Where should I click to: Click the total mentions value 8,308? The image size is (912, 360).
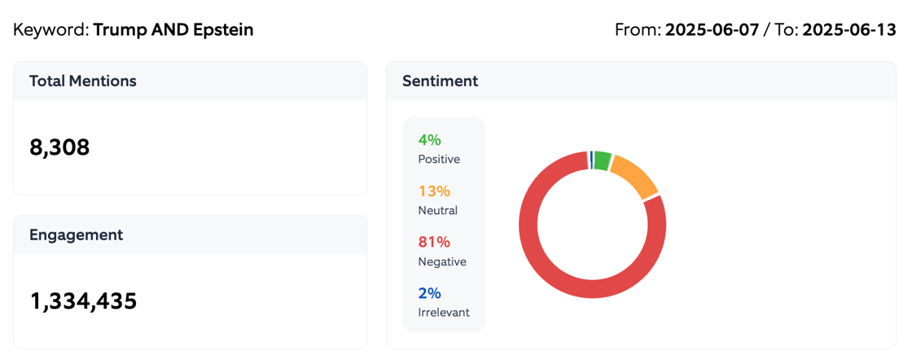point(59,147)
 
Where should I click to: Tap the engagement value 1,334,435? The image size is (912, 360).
point(83,301)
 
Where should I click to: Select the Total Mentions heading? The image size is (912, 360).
point(82,81)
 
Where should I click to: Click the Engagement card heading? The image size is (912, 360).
point(76,235)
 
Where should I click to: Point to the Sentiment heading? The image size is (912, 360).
point(440,81)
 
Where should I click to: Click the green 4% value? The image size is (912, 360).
point(429,140)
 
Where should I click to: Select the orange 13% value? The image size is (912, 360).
point(433,191)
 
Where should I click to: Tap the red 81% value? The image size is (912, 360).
point(433,242)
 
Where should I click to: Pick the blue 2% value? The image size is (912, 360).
point(429,293)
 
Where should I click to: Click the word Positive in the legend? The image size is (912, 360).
point(439,160)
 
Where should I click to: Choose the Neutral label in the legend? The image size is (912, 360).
point(437,210)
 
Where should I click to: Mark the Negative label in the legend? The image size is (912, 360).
point(442,261)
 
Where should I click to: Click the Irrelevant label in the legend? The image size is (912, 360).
point(444,312)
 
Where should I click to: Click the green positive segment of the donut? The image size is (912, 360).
point(603,160)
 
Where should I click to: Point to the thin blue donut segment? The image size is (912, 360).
point(591,160)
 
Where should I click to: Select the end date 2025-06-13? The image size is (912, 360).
point(849,30)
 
